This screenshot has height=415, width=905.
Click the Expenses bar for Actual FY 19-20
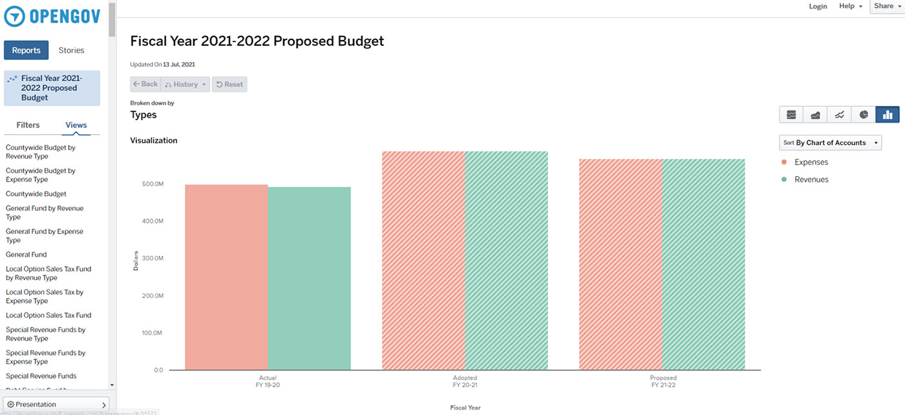click(x=226, y=278)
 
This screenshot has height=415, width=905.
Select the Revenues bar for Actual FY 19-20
click(x=309, y=279)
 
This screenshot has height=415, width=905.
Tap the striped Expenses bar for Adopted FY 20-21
click(x=423, y=261)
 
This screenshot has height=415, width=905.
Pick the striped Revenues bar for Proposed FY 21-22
click(x=703, y=265)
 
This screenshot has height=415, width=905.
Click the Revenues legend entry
click(x=811, y=180)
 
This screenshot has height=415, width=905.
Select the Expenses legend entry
click(x=811, y=162)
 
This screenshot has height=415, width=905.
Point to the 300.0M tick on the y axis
click(x=153, y=259)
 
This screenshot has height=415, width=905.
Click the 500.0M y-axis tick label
click(x=153, y=184)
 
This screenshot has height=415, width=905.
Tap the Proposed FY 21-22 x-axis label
click(x=663, y=381)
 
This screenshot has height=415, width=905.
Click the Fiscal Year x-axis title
click(x=465, y=408)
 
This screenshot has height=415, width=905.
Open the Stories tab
click(x=71, y=50)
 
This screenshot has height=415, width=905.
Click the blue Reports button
click(x=27, y=50)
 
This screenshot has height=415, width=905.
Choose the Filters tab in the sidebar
click(x=28, y=125)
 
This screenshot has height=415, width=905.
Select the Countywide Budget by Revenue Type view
click(x=41, y=152)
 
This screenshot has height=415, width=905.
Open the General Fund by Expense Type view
click(x=45, y=236)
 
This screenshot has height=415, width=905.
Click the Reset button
click(x=229, y=84)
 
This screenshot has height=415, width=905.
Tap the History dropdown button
click(x=186, y=84)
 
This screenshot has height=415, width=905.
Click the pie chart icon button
click(x=864, y=115)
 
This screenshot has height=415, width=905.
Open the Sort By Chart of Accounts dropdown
click(x=831, y=143)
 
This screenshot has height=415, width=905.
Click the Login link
click(x=818, y=6)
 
